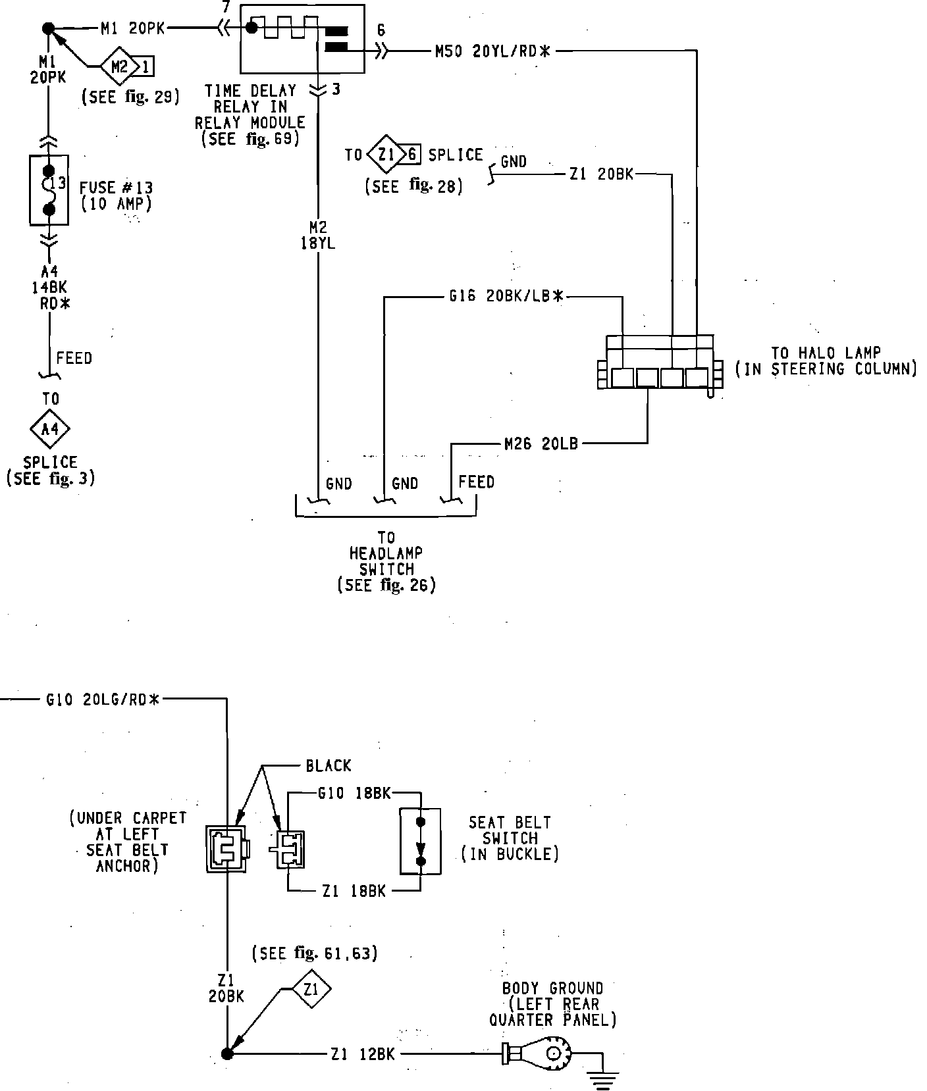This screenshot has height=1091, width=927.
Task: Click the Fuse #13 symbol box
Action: point(49,190)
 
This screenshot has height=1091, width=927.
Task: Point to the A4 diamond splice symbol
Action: point(50,429)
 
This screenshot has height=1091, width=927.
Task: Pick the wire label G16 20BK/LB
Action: point(507,297)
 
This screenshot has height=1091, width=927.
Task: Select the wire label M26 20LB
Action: point(541,444)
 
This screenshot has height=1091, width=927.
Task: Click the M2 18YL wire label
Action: point(318,235)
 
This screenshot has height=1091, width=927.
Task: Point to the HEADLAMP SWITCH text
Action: point(386,561)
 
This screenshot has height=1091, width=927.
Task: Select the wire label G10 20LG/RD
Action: point(103,699)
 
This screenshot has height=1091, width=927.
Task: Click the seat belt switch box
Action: point(421,841)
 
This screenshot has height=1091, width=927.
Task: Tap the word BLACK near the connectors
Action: point(329,766)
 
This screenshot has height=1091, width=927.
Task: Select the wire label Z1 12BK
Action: point(363,1054)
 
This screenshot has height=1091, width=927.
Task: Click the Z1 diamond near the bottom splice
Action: point(312,989)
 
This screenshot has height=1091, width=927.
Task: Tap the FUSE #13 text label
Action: point(116,188)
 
